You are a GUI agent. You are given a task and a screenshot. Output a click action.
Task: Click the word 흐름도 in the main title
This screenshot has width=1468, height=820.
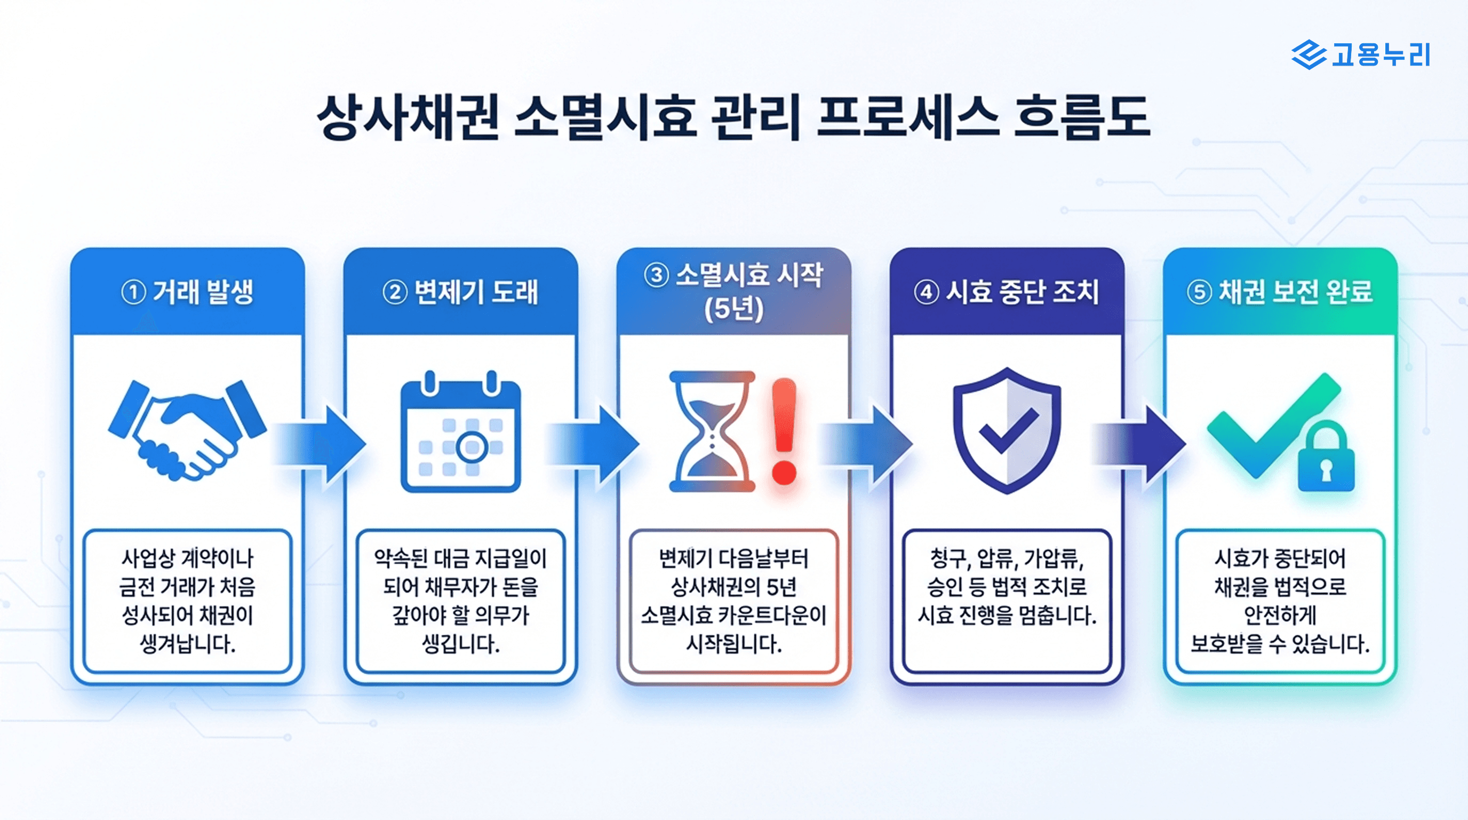1082,117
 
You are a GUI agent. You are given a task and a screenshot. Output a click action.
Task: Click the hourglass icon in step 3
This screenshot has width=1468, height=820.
712,432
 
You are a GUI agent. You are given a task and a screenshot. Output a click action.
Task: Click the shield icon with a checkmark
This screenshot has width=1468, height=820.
1007,430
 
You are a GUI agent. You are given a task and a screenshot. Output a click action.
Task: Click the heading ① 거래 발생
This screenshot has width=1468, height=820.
187,292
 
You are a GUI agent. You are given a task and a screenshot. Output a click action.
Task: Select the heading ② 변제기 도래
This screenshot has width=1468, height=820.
460,292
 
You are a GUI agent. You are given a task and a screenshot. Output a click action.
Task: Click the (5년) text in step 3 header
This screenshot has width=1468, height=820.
733,309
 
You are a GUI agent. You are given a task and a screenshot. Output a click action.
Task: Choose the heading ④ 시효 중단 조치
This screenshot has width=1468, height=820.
1007,292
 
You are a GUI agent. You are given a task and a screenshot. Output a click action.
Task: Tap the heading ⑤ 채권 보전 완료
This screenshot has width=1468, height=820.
1280,292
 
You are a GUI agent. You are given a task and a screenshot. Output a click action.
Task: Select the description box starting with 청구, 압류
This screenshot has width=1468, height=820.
1007,601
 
